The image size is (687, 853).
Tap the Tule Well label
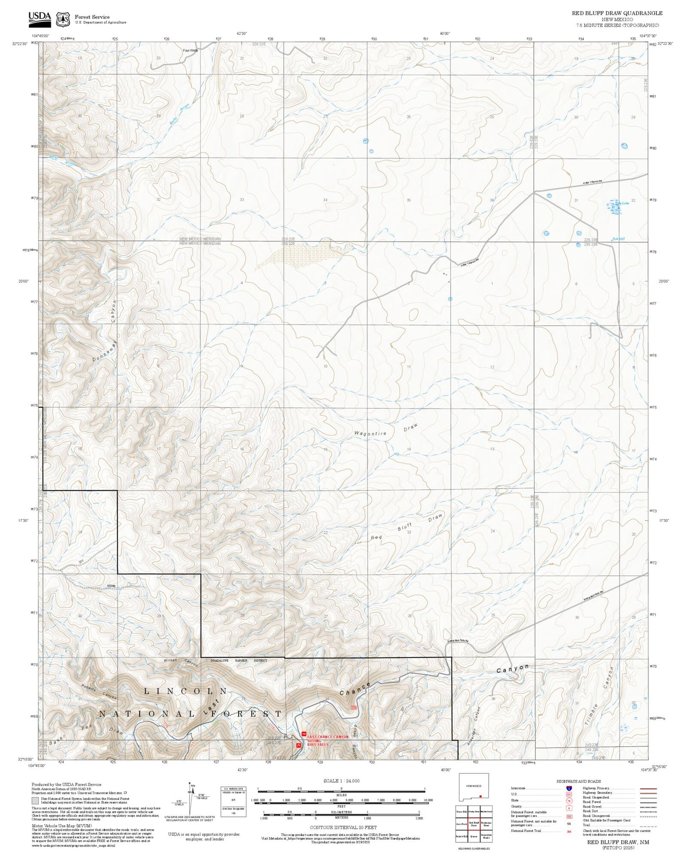click(618, 239)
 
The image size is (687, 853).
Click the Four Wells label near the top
click(190, 50)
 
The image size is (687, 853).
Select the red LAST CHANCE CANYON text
click(328, 737)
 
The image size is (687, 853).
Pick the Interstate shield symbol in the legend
click(568, 788)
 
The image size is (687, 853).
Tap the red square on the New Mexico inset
click(480, 796)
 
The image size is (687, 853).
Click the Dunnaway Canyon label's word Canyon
click(113, 312)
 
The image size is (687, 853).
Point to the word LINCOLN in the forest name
click(185, 691)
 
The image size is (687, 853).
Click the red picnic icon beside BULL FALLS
click(299, 745)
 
